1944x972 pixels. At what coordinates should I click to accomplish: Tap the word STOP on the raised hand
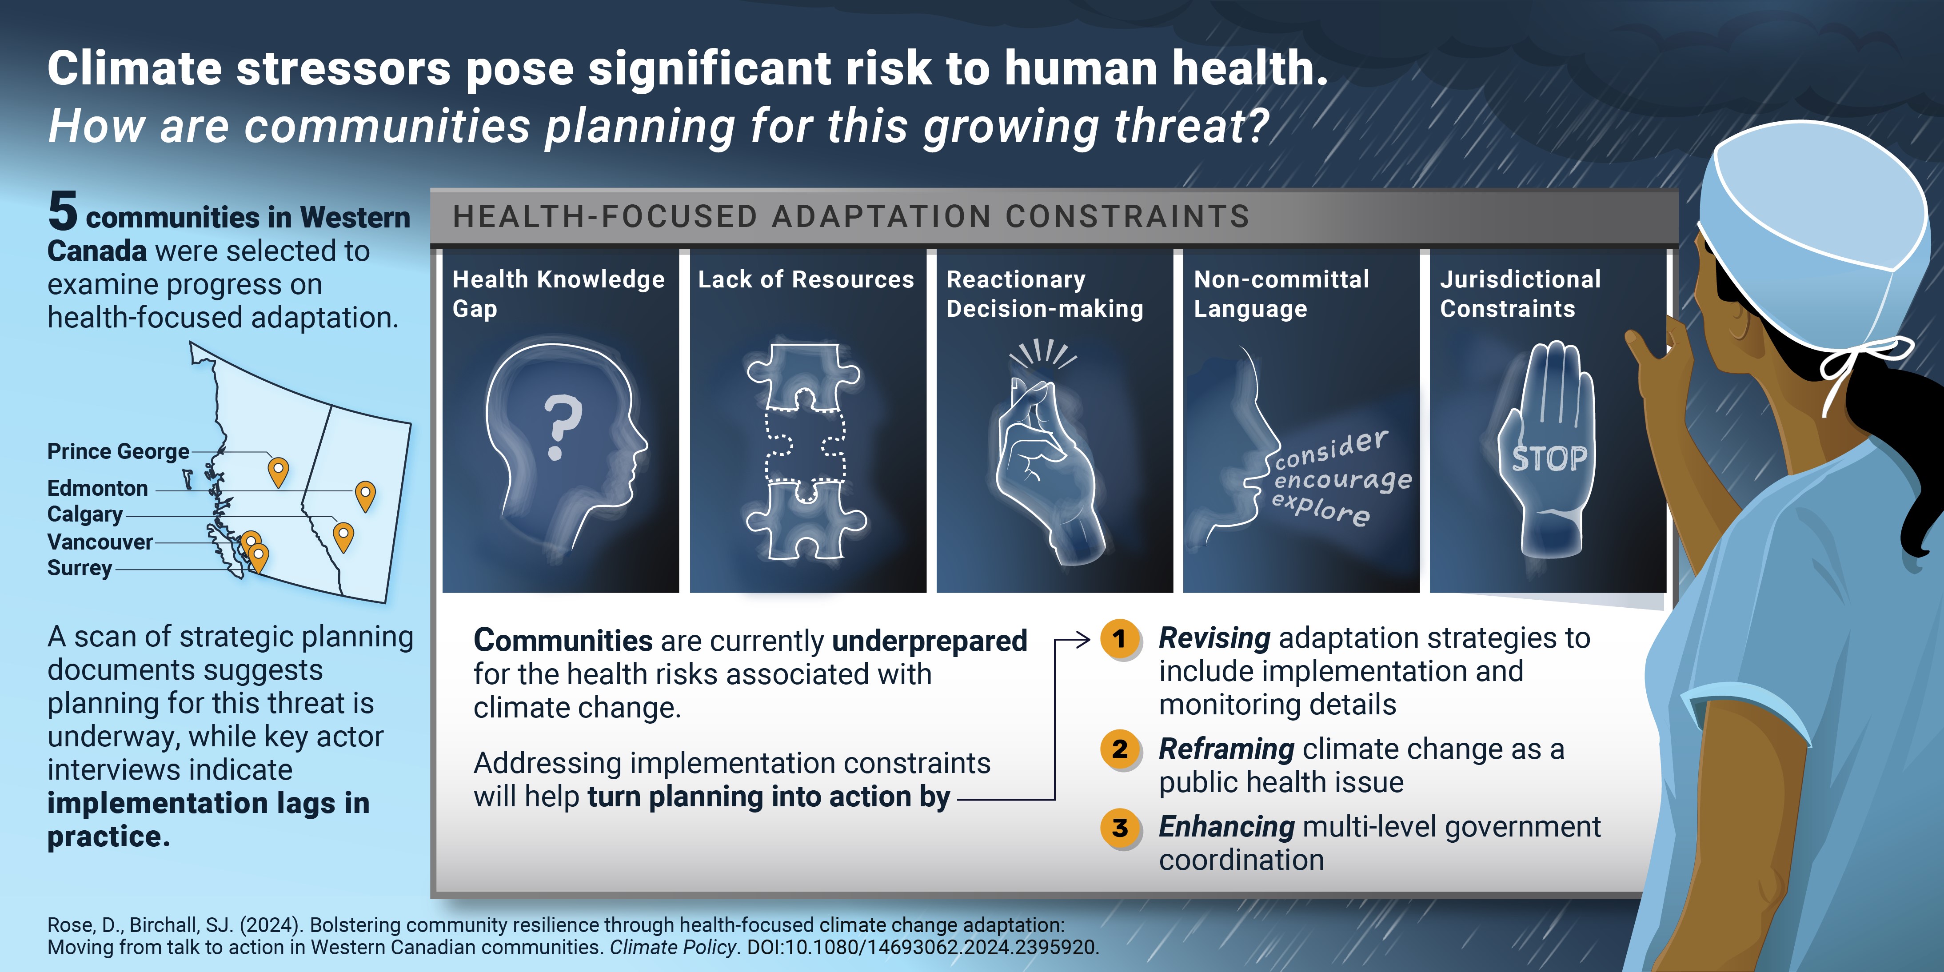click(1549, 458)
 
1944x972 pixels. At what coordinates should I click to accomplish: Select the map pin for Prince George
click(279, 472)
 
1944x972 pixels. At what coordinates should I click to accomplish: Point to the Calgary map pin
click(343, 538)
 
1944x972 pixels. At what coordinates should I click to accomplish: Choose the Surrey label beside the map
click(79, 567)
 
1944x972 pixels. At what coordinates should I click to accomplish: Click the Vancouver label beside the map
click(100, 542)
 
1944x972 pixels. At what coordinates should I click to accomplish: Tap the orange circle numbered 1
click(1120, 639)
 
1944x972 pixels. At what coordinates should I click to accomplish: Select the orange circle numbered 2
click(1120, 749)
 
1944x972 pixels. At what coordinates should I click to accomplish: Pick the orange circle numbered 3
click(1120, 828)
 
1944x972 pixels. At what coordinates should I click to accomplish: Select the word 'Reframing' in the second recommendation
click(1227, 749)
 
